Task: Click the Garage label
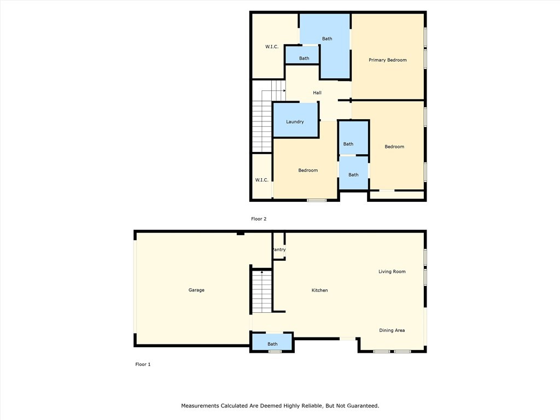point(196,290)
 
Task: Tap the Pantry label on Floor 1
point(279,250)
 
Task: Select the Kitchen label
point(320,290)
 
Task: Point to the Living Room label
point(392,271)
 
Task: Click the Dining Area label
point(392,330)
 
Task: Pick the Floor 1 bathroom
point(272,343)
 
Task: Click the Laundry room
point(295,121)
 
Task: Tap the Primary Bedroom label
point(388,60)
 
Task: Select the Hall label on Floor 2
point(317,93)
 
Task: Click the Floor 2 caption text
point(259,219)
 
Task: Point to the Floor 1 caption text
point(143,364)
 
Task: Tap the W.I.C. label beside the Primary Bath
point(272,47)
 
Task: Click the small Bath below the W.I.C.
point(304,58)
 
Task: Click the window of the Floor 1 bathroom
point(275,351)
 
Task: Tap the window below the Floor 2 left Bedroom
point(317,200)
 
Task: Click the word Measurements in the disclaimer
point(200,406)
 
